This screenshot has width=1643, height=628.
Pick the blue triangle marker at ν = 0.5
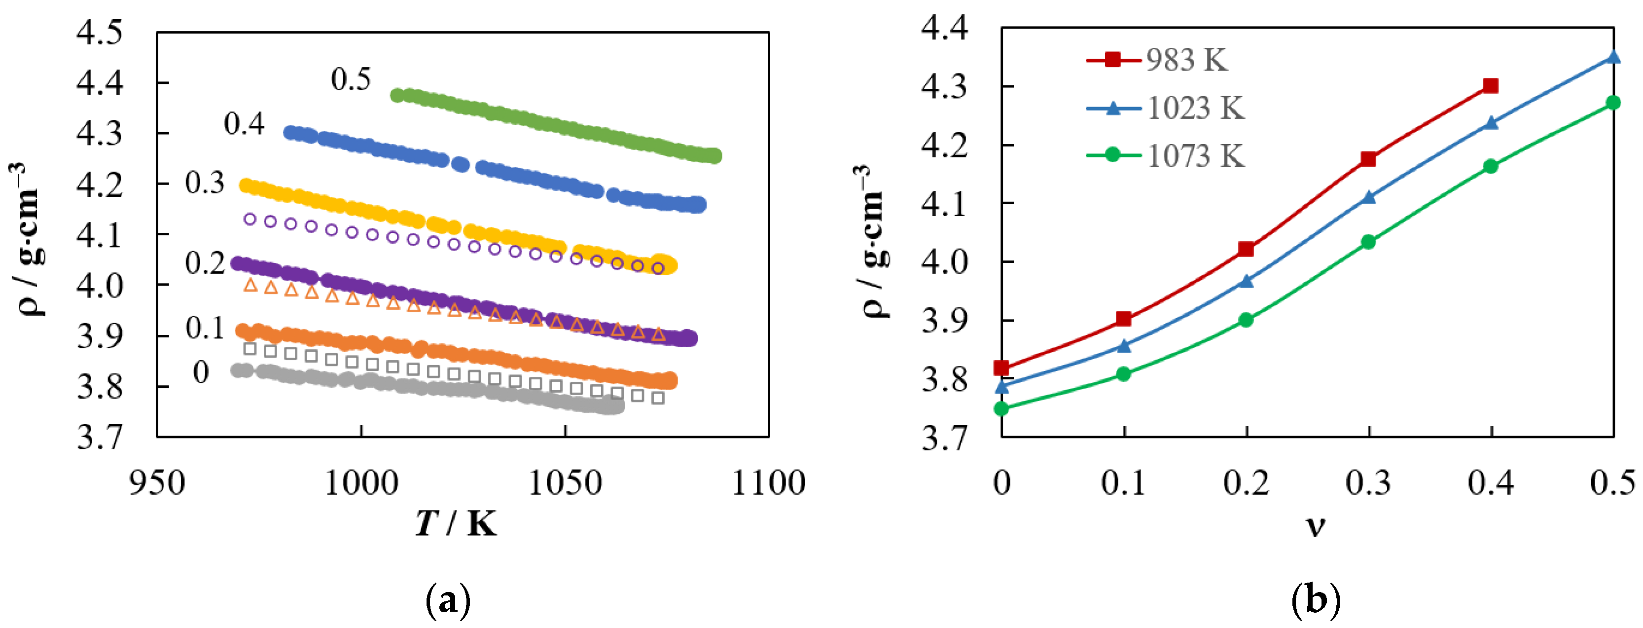1613,57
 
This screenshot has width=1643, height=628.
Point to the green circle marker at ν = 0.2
1246,320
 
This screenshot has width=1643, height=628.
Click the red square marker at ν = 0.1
1124,319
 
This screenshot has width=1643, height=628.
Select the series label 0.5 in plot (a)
351,79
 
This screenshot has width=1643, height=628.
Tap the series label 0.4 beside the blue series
244,124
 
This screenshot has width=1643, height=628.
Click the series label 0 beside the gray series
201,372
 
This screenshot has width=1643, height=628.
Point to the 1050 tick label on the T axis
565,483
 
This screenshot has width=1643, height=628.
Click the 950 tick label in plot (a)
157,483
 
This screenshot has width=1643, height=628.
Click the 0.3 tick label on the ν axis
1368,483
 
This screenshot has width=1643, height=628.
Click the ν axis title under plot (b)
1315,526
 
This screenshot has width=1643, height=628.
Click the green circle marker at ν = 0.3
1368,242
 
